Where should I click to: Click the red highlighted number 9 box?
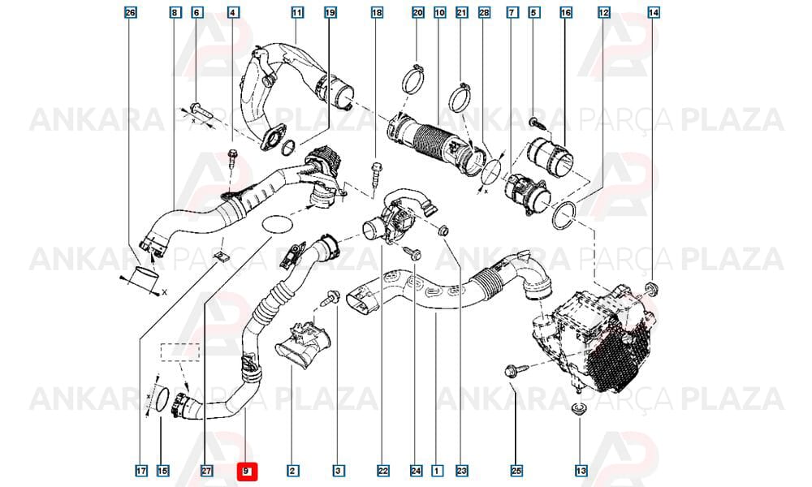point(247,471)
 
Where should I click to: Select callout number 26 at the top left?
point(131,12)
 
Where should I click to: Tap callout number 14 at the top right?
point(654,12)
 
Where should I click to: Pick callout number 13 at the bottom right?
point(581,471)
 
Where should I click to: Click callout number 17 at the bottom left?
point(140,471)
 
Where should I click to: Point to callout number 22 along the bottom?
point(382,471)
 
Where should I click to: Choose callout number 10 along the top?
point(439,12)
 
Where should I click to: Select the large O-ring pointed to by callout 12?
point(565,216)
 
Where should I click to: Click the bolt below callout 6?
point(200,110)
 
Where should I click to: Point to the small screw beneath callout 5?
point(534,123)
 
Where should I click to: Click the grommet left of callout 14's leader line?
point(650,289)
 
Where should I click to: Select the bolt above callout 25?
point(516,369)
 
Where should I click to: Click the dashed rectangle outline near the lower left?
point(179,352)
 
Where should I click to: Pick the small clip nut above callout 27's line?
point(221,256)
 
